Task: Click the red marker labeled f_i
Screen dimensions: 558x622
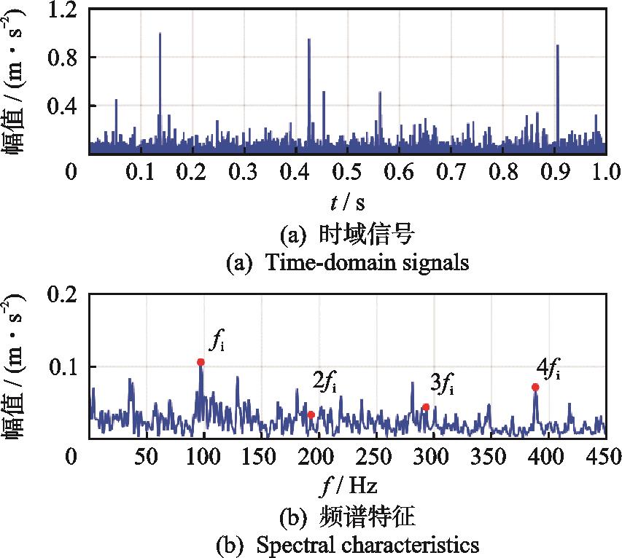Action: (201, 362)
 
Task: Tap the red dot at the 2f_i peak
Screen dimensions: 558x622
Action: (311, 414)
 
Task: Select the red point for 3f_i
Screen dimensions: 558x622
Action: (426, 407)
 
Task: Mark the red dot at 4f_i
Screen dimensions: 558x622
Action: (535, 387)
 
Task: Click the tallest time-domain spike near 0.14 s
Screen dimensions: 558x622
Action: (160, 34)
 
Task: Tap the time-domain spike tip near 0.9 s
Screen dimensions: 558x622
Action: (557, 45)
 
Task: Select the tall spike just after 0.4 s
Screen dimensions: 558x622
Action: (309, 39)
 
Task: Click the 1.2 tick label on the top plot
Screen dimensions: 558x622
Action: (61, 9)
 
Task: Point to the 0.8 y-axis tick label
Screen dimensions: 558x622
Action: (61, 58)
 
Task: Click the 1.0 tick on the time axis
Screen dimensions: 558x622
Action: (604, 172)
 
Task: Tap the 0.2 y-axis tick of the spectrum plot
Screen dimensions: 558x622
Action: (61, 294)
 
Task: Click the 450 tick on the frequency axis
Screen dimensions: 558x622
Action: (604, 457)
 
